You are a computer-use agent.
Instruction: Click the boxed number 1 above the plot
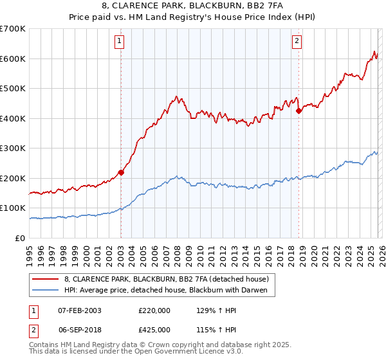point(120,42)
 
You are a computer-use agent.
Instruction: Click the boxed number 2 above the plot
point(297,42)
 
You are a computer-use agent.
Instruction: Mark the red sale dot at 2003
point(121,172)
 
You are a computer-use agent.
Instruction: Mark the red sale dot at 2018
point(299,111)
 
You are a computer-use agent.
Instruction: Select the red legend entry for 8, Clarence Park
point(170,279)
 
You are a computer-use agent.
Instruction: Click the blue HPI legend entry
point(170,291)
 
